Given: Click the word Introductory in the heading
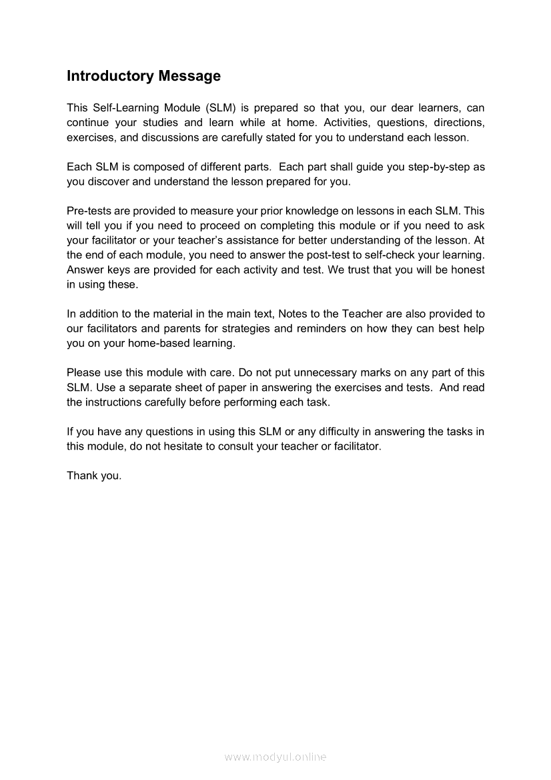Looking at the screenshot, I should [x=110, y=76].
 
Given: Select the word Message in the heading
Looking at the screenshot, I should [x=189, y=76].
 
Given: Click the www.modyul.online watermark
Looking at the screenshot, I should [x=275, y=757].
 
